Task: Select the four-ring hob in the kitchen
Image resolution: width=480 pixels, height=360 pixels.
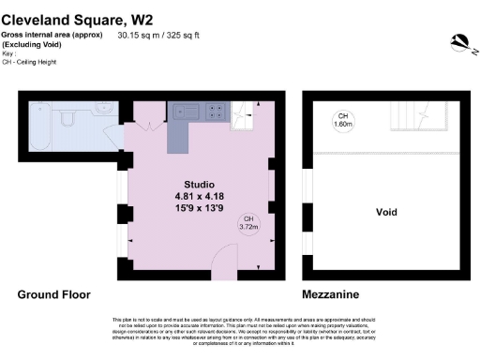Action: pos(214,111)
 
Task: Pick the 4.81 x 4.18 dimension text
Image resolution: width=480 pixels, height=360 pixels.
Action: pos(199,195)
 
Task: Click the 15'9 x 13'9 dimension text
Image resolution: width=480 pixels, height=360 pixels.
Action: pos(199,207)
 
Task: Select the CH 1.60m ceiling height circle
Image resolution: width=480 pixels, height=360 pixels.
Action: pos(344,119)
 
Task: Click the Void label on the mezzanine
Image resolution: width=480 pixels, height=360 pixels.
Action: pos(386,211)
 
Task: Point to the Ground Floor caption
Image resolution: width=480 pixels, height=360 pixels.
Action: pos(54,293)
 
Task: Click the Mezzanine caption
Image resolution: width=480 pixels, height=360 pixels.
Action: pos(334,293)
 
